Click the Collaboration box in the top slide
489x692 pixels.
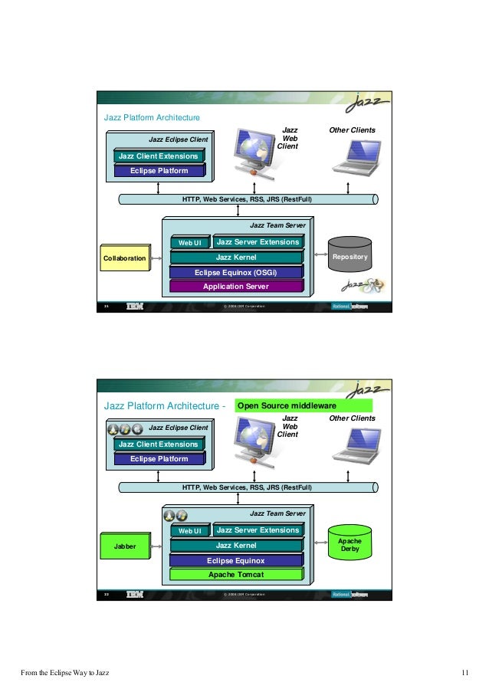pyautogui.click(x=124, y=259)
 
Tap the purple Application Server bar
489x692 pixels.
pyautogui.click(x=235, y=287)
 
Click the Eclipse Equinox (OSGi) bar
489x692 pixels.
pyautogui.click(x=235, y=272)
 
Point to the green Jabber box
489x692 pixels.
pyautogui.click(x=124, y=546)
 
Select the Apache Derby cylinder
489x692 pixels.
pyautogui.click(x=350, y=545)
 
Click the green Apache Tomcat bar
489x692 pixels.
pyautogui.click(x=235, y=574)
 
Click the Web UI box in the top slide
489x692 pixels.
pyautogui.click(x=189, y=243)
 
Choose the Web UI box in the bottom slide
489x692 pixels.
pyautogui.click(x=189, y=531)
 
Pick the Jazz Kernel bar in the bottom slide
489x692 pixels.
pyautogui.click(x=235, y=545)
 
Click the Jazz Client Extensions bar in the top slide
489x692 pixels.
pyautogui.click(x=158, y=156)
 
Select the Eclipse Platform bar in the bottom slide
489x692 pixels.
pyautogui.click(x=159, y=459)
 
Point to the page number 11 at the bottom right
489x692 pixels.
pyautogui.click(x=465, y=674)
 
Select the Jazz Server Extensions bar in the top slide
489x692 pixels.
pyautogui.click(x=258, y=242)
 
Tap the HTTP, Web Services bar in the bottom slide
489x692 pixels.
pyautogui.click(x=247, y=487)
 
